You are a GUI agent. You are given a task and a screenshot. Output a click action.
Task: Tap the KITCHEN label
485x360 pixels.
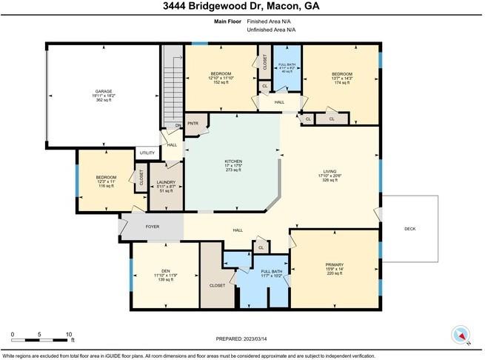(x=233, y=161)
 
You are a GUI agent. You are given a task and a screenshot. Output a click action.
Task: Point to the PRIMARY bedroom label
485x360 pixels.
(x=334, y=264)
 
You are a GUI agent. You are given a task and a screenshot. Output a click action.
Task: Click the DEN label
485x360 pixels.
(x=165, y=270)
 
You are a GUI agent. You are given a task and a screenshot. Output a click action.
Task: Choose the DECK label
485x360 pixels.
(x=409, y=229)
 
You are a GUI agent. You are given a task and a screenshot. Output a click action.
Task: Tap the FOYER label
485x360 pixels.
(x=152, y=227)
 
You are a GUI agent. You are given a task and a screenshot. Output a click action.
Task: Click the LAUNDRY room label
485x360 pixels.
(x=166, y=182)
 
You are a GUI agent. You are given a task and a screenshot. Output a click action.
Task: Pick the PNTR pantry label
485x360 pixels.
(x=193, y=123)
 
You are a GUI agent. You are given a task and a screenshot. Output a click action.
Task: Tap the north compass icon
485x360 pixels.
(x=462, y=335)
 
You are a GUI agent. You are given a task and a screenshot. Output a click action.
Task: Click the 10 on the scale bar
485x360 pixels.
(x=68, y=335)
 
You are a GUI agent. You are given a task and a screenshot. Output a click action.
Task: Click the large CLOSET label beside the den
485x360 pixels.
(x=217, y=284)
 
